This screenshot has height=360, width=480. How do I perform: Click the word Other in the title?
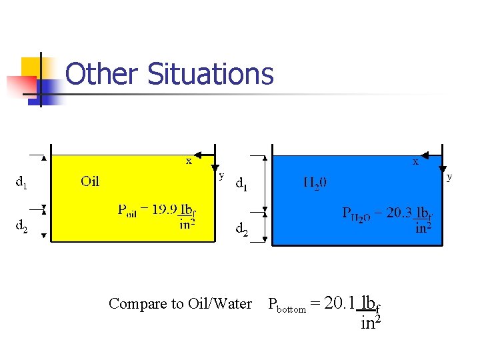[102, 74]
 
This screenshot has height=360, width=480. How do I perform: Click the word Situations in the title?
[210, 74]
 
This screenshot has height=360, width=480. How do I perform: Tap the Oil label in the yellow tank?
[90, 181]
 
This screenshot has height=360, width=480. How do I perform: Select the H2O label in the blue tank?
[315, 181]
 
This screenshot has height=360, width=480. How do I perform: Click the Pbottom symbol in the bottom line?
[286, 306]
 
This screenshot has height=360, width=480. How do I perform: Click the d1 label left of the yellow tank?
[21, 181]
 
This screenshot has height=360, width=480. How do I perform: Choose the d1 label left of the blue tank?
[241, 185]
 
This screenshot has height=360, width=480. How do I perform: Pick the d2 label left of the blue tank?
[241, 230]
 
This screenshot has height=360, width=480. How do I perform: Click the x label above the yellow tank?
[189, 161]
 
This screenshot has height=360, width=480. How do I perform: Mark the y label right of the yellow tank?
[222, 175]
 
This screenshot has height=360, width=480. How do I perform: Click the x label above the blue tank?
[415, 161]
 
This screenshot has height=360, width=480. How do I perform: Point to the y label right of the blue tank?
[449, 177]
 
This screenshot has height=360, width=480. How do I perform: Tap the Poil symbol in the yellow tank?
[127, 211]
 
